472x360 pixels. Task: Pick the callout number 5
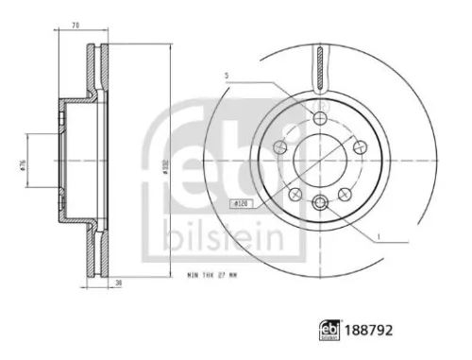(227, 75)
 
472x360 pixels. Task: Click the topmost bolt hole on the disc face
(320, 118)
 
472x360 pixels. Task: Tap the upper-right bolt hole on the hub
(360, 146)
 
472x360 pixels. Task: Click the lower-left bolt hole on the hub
(295, 193)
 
